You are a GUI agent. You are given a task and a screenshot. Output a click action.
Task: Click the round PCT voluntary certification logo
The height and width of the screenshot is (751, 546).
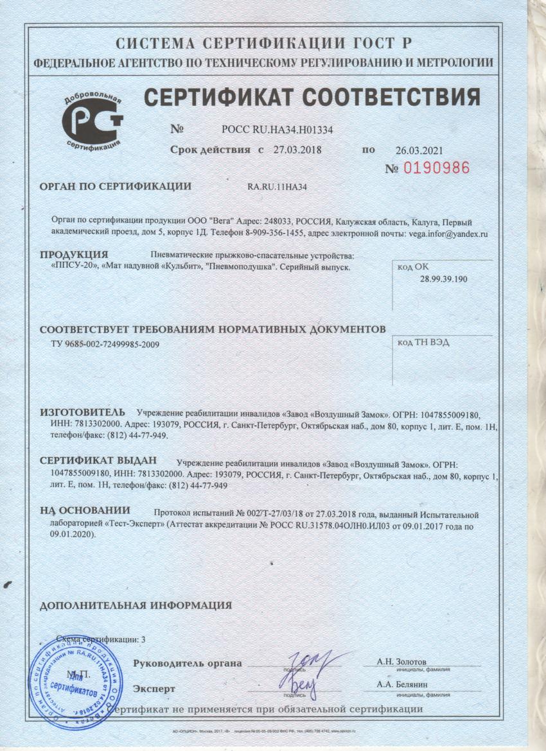point(92,119)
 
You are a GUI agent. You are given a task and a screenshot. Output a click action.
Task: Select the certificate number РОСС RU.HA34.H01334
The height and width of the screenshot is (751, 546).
point(277,129)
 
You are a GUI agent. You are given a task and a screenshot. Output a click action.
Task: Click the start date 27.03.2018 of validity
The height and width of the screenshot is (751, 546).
point(297,150)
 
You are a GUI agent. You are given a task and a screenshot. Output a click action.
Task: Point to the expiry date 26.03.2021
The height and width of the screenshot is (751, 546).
point(419,151)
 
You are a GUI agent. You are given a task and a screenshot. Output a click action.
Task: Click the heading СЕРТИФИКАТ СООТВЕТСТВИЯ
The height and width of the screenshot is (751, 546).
point(312,98)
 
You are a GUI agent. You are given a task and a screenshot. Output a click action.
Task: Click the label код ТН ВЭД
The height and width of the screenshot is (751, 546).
point(423,342)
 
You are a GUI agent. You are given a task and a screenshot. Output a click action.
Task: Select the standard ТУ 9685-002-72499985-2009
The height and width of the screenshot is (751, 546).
point(105,344)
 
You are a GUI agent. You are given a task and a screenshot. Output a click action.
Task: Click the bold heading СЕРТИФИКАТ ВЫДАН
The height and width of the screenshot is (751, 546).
point(98,461)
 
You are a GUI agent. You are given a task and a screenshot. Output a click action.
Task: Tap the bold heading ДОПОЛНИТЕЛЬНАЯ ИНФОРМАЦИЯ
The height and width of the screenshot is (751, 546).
point(136,605)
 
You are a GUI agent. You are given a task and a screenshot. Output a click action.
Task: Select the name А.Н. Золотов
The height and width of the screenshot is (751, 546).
point(401,662)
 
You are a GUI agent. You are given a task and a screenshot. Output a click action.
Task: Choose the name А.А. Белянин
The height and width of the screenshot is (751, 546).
point(402,686)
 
